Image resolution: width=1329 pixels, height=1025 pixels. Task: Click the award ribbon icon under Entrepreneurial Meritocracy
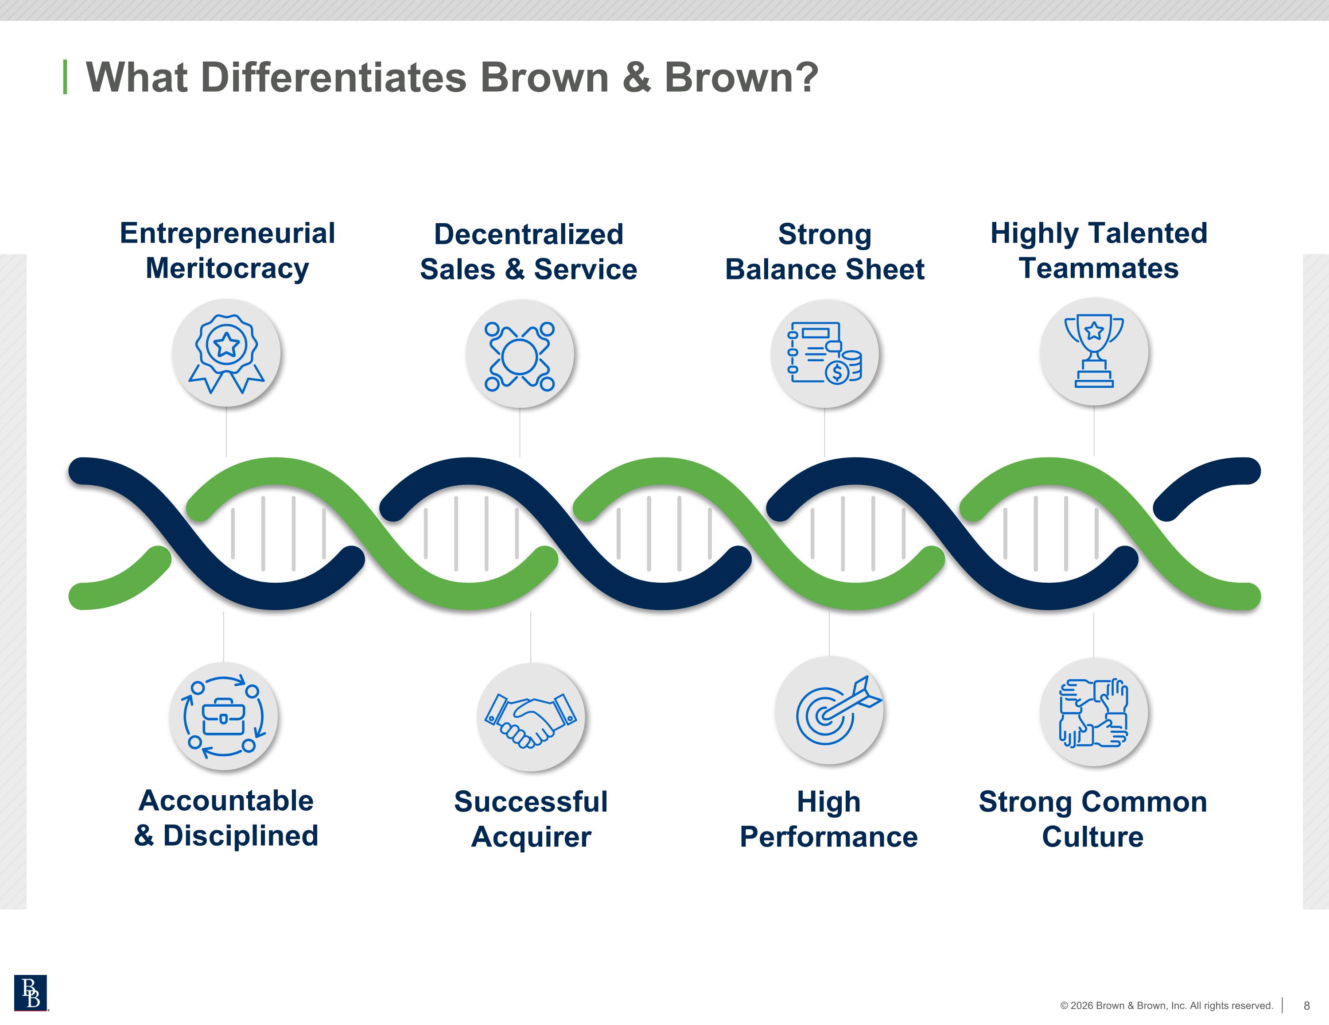[226, 353]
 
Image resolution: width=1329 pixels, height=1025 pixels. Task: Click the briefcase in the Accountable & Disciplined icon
[223, 716]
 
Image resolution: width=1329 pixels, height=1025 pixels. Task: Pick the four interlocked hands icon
[1093, 712]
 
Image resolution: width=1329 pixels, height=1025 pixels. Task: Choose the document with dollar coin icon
[824, 353]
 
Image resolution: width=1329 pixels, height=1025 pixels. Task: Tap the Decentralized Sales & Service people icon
[520, 356]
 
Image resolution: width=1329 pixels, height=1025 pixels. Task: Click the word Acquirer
[531, 837]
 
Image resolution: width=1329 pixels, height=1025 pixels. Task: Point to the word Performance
[829, 836]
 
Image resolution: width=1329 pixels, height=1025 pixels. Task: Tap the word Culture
[1093, 836]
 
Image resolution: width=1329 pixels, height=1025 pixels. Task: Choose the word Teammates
[1099, 268]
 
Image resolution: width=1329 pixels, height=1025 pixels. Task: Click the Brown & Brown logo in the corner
[31, 993]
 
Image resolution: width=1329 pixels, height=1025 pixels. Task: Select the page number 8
[1306, 1006]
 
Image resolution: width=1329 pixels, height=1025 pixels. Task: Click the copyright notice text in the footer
[1166, 1006]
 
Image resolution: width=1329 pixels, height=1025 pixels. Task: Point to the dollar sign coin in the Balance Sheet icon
[837, 371]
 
